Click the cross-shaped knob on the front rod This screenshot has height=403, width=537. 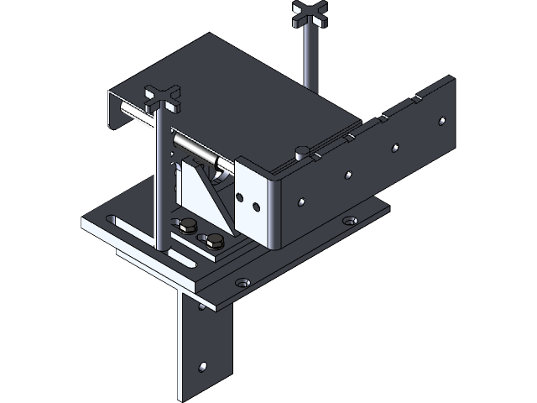click(x=164, y=97)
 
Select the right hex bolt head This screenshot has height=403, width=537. click(x=216, y=243)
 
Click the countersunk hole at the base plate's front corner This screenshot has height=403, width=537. click(x=243, y=283)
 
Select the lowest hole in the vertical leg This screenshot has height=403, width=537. click(x=202, y=367)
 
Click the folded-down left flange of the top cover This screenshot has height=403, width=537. click(x=117, y=109)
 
